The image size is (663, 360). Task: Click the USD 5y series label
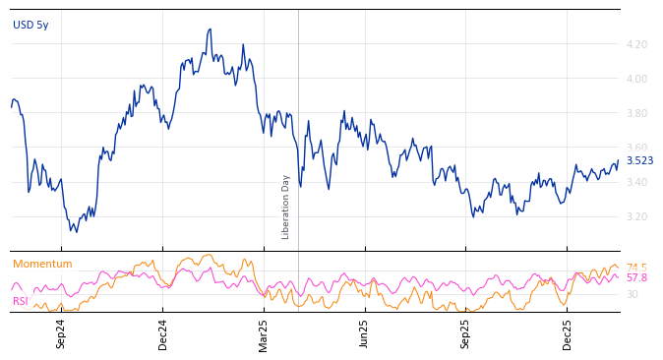click(x=30, y=25)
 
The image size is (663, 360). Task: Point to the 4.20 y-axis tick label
click(x=635, y=44)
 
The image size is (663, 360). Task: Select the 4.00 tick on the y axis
click(x=635, y=79)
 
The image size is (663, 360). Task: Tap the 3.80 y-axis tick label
click(x=635, y=113)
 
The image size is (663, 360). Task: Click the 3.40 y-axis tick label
click(x=635, y=182)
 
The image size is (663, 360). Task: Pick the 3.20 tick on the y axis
click(x=635, y=216)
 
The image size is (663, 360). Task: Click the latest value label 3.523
click(x=639, y=161)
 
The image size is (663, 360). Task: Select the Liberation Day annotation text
click(x=286, y=207)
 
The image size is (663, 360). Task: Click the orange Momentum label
click(x=42, y=264)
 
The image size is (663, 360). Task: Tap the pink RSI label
click(x=20, y=301)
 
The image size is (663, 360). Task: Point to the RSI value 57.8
click(x=636, y=278)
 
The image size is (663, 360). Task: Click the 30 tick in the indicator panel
click(x=632, y=294)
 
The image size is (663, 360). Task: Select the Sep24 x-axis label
click(x=61, y=333)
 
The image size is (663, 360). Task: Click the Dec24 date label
click(x=162, y=333)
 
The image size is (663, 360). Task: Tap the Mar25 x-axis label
click(x=263, y=333)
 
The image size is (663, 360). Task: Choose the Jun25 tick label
click(x=364, y=333)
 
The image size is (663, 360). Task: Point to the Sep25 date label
click(x=465, y=333)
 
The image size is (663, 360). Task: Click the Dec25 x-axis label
click(x=567, y=333)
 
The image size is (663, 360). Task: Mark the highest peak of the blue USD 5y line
click(x=210, y=30)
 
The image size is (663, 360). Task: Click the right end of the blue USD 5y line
click(x=618, y=161)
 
